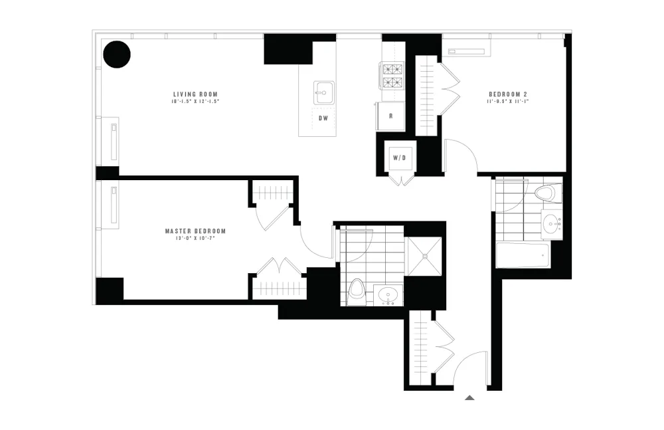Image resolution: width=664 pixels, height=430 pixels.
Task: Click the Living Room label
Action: [x=195, y=94]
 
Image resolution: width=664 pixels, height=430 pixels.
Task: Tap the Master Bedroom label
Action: [x=195, y=231]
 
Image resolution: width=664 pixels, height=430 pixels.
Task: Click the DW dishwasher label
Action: [x=324, y=118]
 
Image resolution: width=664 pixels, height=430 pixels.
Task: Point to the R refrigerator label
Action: [x=391, y=116]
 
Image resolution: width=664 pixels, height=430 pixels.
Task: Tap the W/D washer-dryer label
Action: [x=399, y=158]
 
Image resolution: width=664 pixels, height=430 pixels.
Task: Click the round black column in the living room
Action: [x=116, y=54]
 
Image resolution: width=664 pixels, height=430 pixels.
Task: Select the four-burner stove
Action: [x=391, y=75]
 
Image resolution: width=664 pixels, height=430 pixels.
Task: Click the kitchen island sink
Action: [x=323, y=91]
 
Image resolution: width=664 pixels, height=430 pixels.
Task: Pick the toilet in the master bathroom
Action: [x=357, y=290]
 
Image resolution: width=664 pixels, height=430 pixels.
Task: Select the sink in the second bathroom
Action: [x=551, y=224]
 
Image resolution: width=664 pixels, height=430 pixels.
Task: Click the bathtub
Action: [x=523, y=255]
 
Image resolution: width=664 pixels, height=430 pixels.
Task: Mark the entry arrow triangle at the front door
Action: [x=469, y=397]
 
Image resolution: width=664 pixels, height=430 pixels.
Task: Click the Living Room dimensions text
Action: [x=195, y=102]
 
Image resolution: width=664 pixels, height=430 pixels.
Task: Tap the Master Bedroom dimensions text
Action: [x=195, y=238]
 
